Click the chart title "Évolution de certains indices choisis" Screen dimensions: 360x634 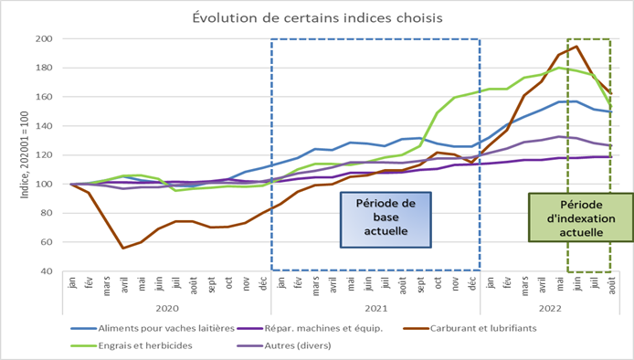click(x=316, y=17)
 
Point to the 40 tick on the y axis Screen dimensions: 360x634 click(x=44, y=271)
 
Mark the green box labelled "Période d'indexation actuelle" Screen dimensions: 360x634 click(x=569, y=216)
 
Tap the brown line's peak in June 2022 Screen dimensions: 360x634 click(x=576, y=47)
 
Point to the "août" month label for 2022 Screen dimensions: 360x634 click(x=610, y=284)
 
